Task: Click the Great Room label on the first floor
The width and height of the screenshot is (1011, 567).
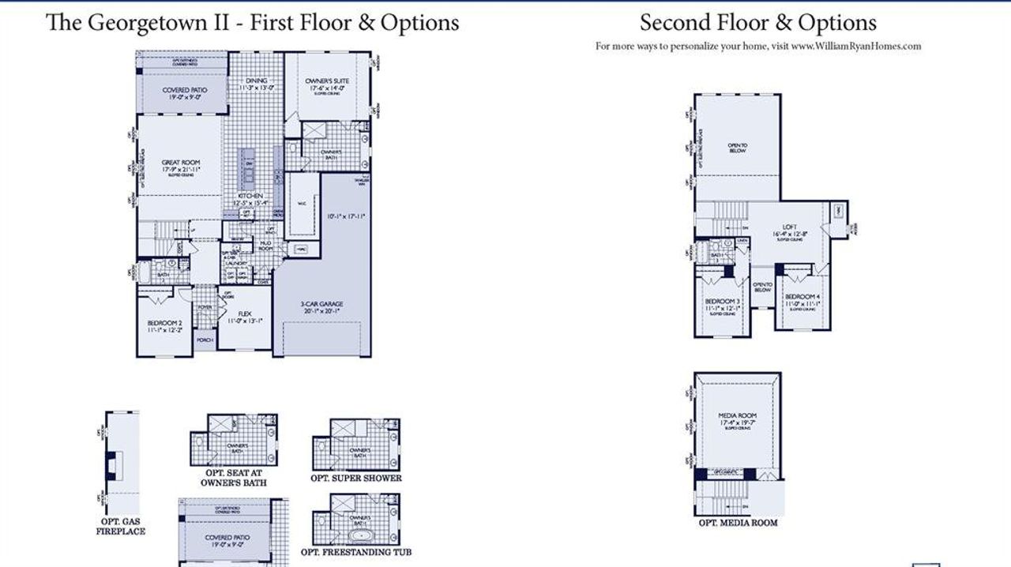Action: [180, 164]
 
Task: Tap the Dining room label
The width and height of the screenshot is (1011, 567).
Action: [256, 81]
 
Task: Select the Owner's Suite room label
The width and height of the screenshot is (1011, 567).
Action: [327, 81]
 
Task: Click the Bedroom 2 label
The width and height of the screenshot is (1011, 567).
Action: [164, 324]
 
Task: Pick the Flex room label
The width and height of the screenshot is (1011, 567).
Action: [244, 314]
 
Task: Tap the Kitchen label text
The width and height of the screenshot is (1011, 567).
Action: [251, 196]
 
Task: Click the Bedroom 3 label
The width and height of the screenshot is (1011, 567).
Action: [721, 302]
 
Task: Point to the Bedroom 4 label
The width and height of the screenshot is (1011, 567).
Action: [802, 296]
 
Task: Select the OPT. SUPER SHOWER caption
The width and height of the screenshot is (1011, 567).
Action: [355, 478]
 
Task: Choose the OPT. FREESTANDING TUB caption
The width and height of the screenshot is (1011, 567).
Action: [355, 552]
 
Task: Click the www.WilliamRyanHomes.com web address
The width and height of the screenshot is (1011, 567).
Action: [855, 46]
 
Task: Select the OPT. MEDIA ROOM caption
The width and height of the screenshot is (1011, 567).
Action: [738, 523]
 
